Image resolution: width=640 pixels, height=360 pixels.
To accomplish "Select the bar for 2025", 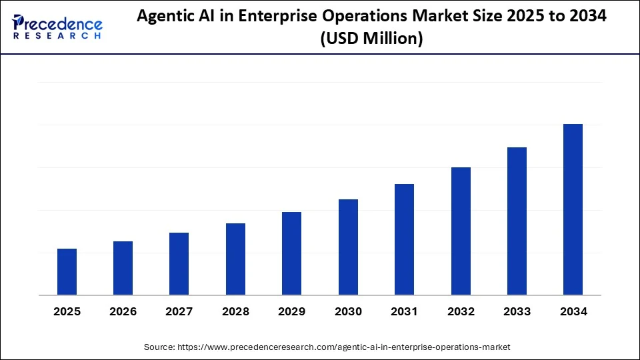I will (67, 272).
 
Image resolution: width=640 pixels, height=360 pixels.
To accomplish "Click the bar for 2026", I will (123, 268).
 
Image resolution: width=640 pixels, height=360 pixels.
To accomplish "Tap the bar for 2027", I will (179, 264).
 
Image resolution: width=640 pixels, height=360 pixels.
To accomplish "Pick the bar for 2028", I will (235, 259).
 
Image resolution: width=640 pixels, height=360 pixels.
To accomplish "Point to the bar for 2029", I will (292, 253).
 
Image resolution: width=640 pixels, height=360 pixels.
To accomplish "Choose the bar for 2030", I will (348, 247).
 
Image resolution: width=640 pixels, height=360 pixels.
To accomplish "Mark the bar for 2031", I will (404, 239).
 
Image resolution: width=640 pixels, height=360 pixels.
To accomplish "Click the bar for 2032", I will (461, 231).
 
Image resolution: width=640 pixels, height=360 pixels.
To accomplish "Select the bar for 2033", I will (517, 221).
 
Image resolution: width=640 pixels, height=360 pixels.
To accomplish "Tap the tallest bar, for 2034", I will (573, 209).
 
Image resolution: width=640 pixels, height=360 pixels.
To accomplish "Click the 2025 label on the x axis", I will (67, 311).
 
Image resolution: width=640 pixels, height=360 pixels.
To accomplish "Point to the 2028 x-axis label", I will (235, 311).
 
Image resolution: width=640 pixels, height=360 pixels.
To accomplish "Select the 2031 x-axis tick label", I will (404, 311).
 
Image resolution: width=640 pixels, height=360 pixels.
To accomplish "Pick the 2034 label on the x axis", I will (573, 311).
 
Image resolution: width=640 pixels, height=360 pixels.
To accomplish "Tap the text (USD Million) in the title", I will (371, 39).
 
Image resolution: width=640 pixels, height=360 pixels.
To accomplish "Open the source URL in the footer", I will (343, 347).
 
